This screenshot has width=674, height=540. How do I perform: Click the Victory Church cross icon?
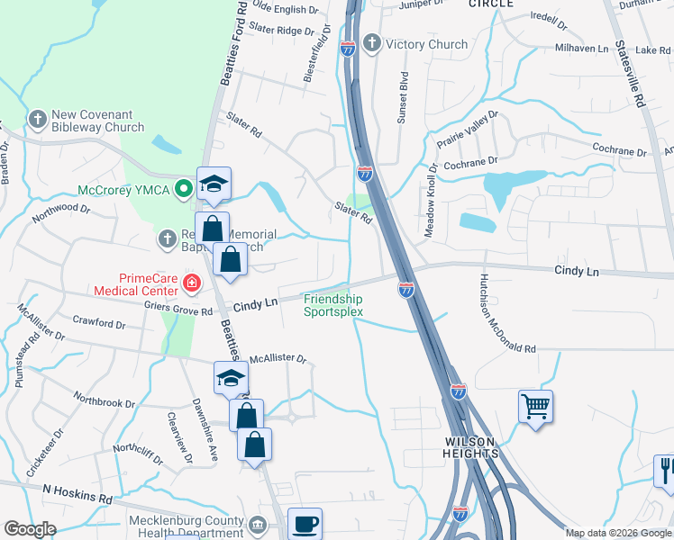coord(372,44)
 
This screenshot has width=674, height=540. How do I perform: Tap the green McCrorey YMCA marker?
coord(184,189)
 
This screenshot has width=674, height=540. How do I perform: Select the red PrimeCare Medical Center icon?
coord(190,284)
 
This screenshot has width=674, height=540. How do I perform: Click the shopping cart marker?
coord(535,407)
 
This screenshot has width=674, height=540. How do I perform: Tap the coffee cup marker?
coord(305,523)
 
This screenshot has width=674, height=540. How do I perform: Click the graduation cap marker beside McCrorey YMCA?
coord(214,184)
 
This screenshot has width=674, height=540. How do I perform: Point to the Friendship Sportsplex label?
coord(332,306)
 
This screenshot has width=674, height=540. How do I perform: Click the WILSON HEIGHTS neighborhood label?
coord(470,447)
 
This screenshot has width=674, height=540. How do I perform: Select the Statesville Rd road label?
coord(628,76)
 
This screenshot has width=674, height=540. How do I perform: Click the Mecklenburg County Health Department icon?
coord(256,525)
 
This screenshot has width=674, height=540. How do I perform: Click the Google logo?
coord(31,529)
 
